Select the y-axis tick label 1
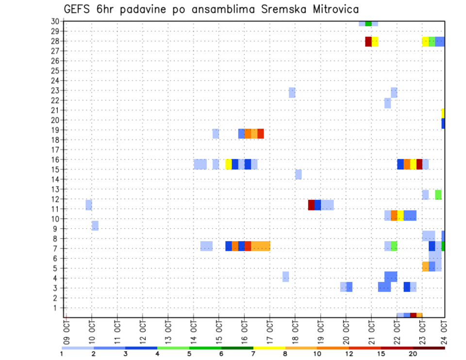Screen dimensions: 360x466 (x=57, y=308)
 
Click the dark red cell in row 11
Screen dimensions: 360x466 (x=311, y=205)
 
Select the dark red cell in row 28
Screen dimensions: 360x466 (x=368, y=41)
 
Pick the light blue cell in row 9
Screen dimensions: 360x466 (x=95, y=226)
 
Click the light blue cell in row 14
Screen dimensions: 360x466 (x=299, y=174)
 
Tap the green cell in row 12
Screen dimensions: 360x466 (x=438, y=195)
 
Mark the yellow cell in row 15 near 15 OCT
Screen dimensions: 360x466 (x=229, y=164)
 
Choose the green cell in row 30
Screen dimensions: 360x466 (x=368, y=23)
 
